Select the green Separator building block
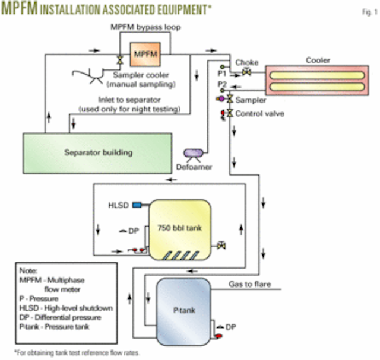tap(97, 153)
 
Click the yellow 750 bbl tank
tap(180, 228)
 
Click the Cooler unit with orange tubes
tap(318, 78)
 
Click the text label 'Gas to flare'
tap(249, 285)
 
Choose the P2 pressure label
tap(223, 84)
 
